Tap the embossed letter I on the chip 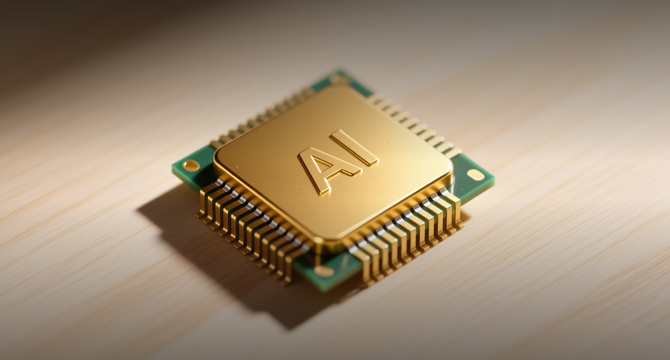pyautogui.click(x=354, y=148)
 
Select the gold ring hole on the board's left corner pyautogui.click(x=191, y=165)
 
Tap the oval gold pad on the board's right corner pyautogui.click(x=476, y=175)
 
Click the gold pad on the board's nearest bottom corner pyautogui.click(x=324, y=271)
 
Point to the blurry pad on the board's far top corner pyautogui.click(x=339, y=79)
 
